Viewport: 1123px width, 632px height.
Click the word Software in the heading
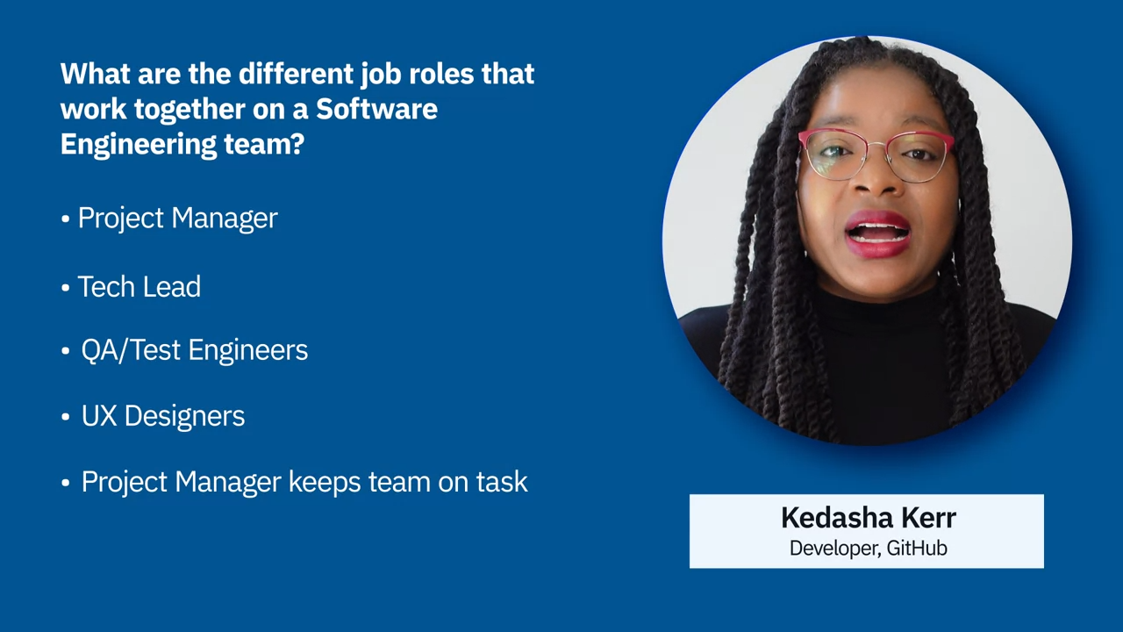(376, 109)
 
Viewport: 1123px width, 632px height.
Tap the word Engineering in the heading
(138, 146)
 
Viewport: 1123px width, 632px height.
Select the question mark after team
(297, 144)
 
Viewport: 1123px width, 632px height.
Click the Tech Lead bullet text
(139, 287)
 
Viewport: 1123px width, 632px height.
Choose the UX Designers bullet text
(163, 416)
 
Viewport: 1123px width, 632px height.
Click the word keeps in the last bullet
(325, 483)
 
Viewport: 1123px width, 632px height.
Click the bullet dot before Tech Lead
(65, 288)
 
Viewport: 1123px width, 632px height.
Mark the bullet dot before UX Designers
(65, 417)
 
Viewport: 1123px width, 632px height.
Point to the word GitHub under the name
(917, 549)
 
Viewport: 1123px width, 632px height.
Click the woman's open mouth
(877, 234)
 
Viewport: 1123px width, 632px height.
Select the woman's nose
(875, 176)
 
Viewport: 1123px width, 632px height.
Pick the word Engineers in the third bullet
(247, 350)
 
